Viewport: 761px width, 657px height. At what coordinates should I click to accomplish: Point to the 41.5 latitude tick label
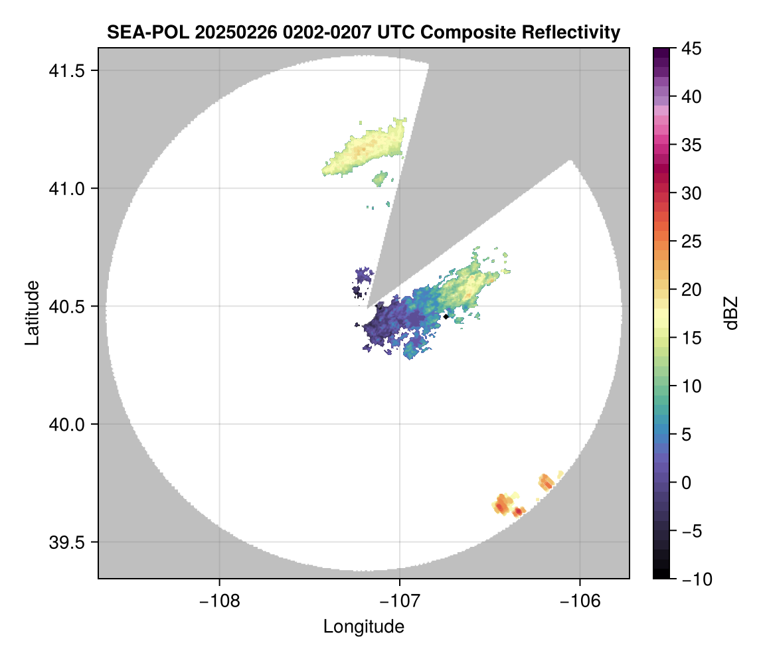point(66,71)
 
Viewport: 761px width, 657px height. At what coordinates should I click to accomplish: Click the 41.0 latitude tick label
point(66,188)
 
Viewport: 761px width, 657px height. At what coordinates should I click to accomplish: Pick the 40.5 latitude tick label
point(66,307)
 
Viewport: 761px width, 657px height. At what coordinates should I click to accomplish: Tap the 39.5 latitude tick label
point(66,542)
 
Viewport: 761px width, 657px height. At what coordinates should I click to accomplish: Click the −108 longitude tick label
point(219,601)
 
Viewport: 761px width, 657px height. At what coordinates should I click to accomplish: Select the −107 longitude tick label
point(400,601)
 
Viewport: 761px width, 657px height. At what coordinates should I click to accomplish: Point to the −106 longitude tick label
point(580,601)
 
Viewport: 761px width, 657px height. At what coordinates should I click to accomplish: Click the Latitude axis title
point(32,313)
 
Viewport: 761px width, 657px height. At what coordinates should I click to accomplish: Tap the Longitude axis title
point(363,626)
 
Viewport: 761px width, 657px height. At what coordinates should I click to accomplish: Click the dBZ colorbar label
point(731,313)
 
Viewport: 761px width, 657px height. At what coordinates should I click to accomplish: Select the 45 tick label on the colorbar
point(691,48)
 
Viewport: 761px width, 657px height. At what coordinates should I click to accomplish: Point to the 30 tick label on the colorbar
point(691,193)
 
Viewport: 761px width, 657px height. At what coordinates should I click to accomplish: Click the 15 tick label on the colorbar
point(691,338)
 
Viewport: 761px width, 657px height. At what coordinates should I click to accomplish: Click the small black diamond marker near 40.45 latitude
point(446,317)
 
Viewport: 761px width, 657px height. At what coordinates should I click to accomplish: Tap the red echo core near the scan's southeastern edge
point(519,511)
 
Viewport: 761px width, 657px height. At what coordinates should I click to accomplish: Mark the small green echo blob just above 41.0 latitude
point(380,179)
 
